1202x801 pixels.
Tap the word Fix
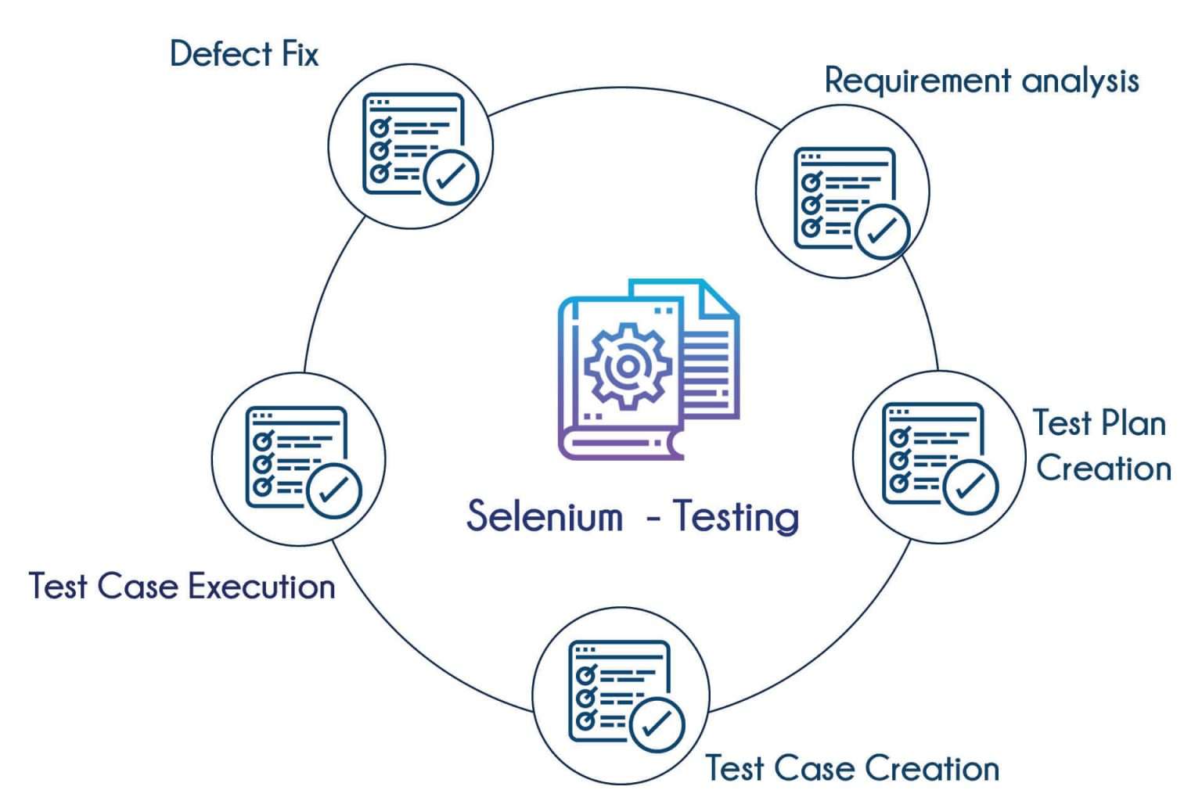tap(300, 54)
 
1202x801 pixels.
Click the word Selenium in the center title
tap(545, 516)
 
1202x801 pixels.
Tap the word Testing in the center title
tap(736, 516)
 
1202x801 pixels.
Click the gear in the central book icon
tap(627, 366)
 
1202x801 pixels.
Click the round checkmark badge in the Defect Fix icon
tap(451, 178)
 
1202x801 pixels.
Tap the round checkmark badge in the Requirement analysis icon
tap(882, 231)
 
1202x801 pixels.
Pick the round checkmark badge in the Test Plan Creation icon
tap(970, 487)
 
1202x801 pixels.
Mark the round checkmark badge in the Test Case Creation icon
tap(657, 725)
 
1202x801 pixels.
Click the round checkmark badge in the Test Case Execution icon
tap(334, 491)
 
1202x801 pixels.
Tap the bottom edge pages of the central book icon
tap(618, 444)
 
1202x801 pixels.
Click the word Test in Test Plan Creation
tap(1062, 423)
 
